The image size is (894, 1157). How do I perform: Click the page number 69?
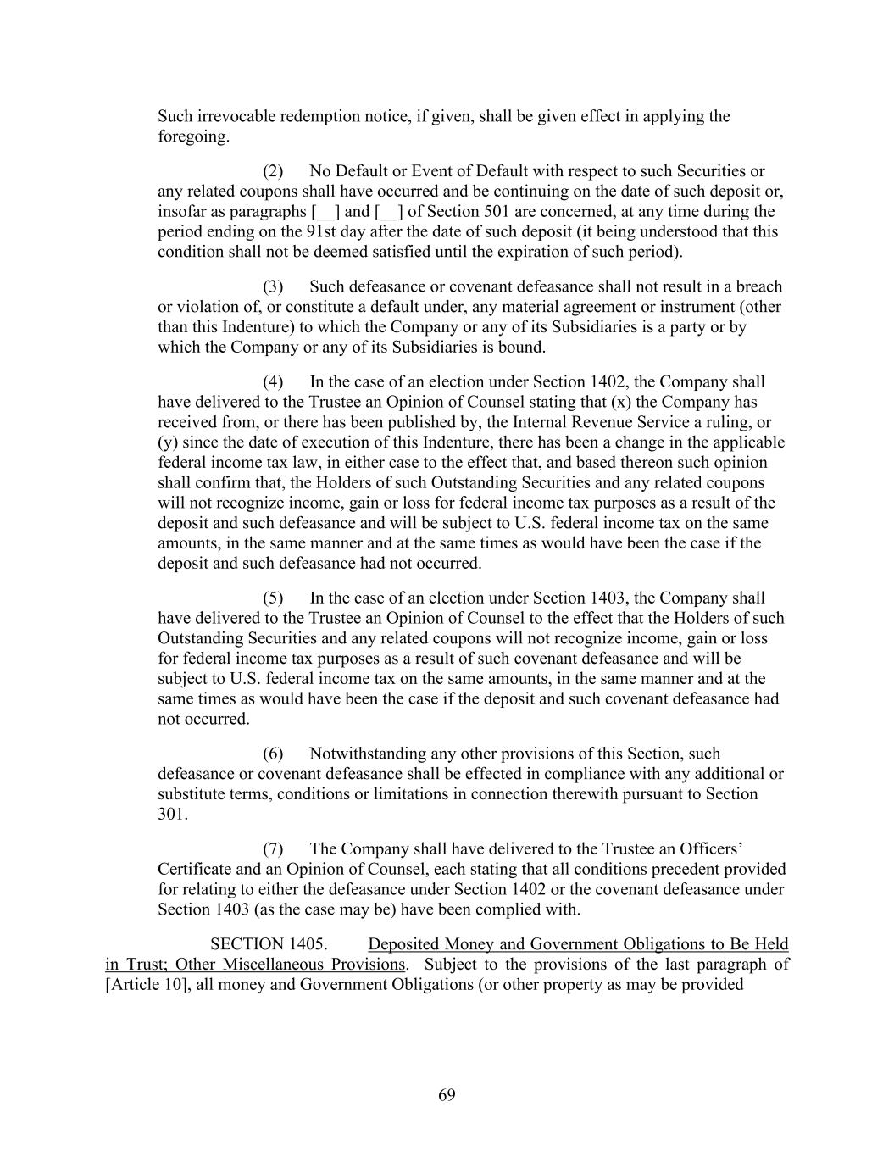click(447, 1095)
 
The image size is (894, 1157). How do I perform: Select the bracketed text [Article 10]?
click(146, 985)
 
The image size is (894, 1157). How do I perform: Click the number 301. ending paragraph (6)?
click(173, 815)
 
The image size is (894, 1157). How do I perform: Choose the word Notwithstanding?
click(367, 754)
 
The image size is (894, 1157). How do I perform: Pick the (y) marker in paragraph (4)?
click(168, 442)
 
